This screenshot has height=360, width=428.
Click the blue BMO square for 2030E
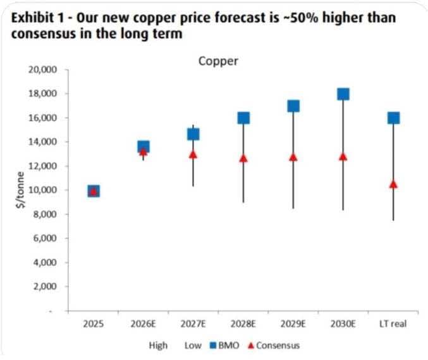pos(343,94)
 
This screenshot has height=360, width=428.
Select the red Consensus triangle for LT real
pos(393,184)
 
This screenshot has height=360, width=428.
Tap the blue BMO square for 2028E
pos(243,118)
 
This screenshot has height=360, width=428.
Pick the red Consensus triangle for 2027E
pos(193,155)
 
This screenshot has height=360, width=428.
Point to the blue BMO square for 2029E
pos(293,106)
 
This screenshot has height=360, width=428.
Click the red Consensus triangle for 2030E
pos(343,157)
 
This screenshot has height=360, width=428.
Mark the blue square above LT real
pos(394,118)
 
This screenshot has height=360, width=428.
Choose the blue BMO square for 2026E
pos(144,146)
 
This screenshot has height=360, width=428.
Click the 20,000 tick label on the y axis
pos(42,70)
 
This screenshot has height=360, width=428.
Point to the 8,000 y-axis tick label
pos(45,214)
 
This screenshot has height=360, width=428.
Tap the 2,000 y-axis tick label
pos(45,286)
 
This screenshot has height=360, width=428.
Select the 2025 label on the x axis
pos(94,324)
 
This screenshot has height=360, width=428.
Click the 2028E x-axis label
pos(243,324)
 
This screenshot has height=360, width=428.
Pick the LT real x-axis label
pos(393,324)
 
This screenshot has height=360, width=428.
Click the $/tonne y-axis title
pos(20,190)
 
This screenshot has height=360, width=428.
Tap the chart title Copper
pos(218,61)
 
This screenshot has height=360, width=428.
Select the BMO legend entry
pos(224,345)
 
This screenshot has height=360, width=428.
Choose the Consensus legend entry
pos(274,345)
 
